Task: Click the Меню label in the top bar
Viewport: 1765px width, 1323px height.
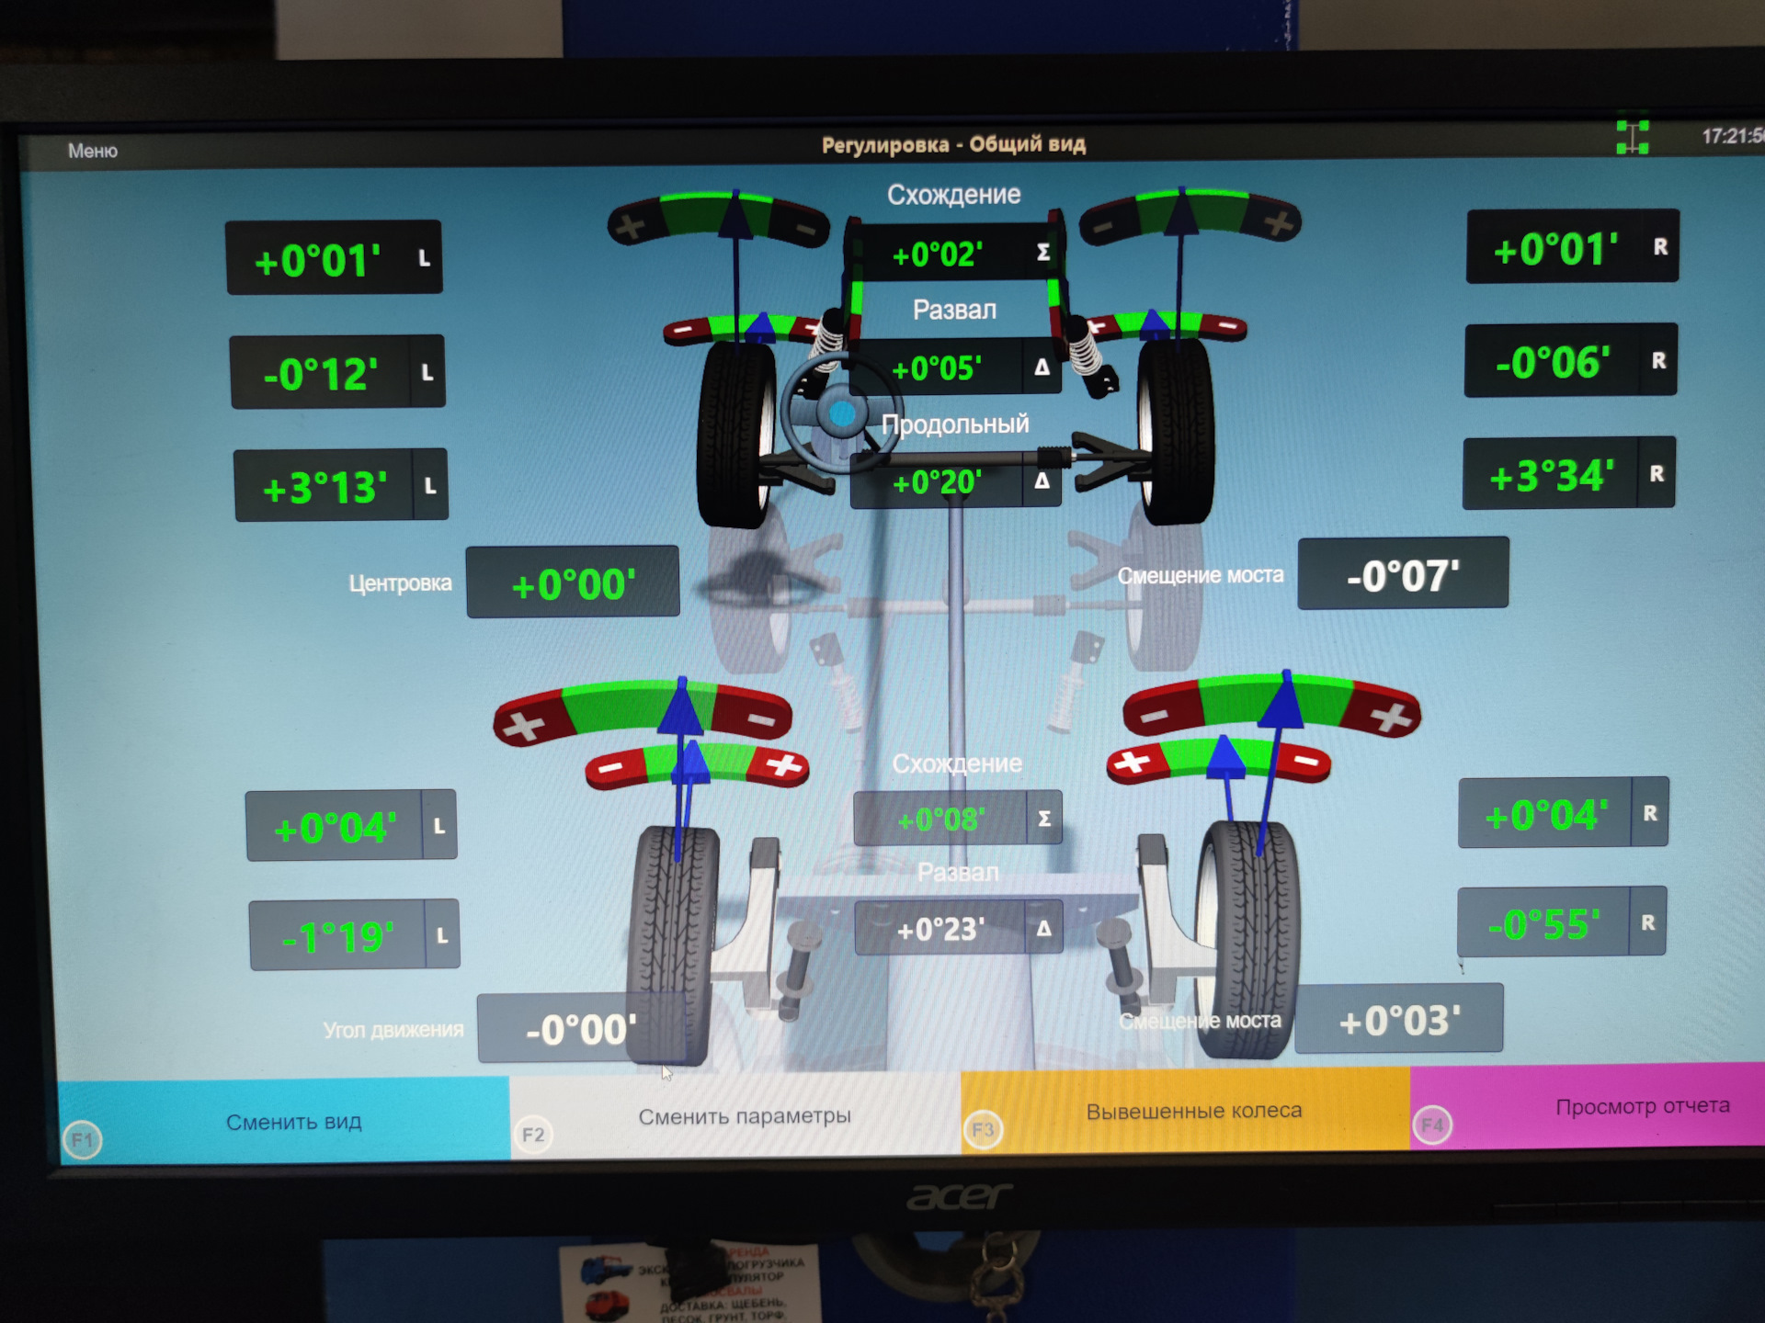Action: tap(93, 151)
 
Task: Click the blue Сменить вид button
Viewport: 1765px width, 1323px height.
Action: tap(293, 1122)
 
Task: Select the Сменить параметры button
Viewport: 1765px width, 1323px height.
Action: tap(744, 1116)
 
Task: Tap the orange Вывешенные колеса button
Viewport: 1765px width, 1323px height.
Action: tap(1193, 1111)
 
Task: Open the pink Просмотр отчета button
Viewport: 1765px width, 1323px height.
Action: tap(1642, 1106)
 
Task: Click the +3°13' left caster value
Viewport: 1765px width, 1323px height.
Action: tap(325, 487)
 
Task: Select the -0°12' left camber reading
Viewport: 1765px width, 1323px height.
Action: tap(321, 374)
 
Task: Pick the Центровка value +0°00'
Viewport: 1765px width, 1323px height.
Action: tap(573, 584)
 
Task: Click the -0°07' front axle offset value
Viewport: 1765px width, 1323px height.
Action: tap(1403, 576)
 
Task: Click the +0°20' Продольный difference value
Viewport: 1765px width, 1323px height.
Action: tap(937, 481)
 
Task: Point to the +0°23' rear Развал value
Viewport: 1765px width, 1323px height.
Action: tap(940, 929)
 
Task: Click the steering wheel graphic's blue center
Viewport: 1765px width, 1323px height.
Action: tap(841, 415)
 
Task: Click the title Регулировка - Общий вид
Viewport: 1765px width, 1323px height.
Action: tap(953, 144)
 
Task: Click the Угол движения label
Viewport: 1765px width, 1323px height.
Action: tap(393, 1030)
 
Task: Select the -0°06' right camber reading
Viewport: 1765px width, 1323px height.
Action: tap(1553, 362)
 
